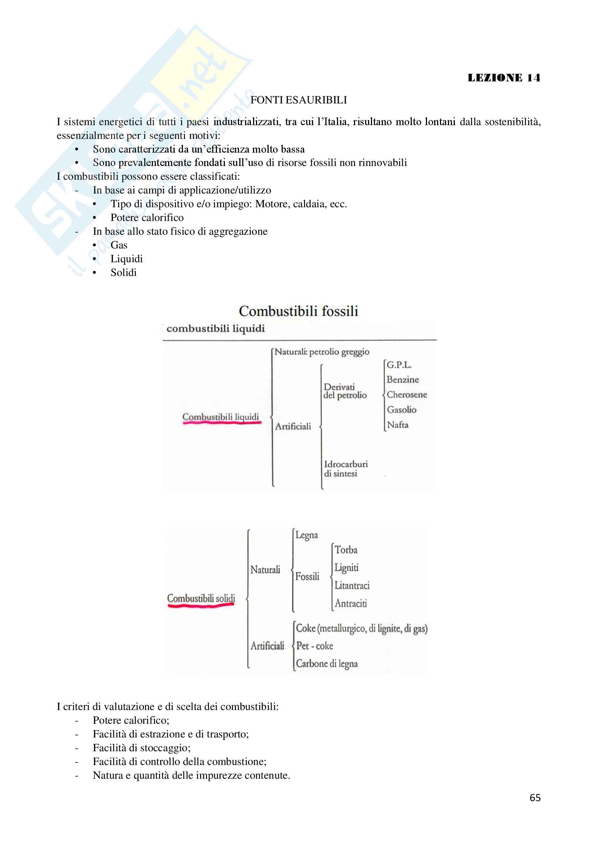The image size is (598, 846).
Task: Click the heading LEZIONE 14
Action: (x=504, y=78)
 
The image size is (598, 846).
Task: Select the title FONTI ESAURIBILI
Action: (x=299, y=100)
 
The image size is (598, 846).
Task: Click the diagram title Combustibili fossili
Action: (x=298, y=311)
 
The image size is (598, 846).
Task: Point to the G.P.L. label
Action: (x=399, y=365)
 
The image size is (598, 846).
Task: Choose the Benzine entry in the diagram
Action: (x=402, y=379)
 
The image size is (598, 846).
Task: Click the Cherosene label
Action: (x=406, y=395)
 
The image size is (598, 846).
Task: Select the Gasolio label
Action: (x=401, y=410)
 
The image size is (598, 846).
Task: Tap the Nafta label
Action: (x=398, y=425)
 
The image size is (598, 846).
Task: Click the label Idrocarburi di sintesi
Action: (x=345, y=469)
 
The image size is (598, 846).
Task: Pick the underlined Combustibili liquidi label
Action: (x=221, y=417)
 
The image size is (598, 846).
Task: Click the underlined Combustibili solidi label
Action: (x=201, y=598)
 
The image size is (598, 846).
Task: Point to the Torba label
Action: (x=346, y=550)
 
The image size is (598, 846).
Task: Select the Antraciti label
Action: (x=351, y=603)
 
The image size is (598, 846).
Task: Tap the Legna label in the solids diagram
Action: (x=306, y=535)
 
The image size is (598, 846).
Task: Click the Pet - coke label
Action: (x=315, y=646)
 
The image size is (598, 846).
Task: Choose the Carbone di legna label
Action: (x=326, y=663)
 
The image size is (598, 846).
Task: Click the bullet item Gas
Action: (x=119, y=245)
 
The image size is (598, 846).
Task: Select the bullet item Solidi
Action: (x=123, y=273)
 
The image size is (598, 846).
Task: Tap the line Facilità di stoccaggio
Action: (x=141, y=748)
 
